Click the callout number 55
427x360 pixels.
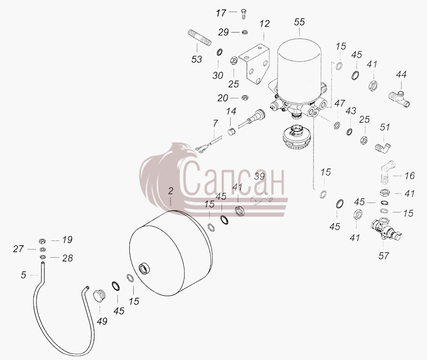pos(299,22)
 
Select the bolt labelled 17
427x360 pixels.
pos(243,14)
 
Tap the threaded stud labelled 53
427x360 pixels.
pos(199,38)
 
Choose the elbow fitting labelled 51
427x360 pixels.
pos(384,147)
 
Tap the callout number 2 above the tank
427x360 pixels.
pos(170,191)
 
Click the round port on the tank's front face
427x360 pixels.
pos(144,269)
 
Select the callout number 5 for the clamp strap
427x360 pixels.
pos(23,275)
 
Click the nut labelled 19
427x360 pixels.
pos(42,241)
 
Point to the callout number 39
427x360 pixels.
pos(259,176)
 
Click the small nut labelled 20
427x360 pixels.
pos(245,97)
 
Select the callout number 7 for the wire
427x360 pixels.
pos(215,123)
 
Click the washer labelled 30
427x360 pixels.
pos(219,52)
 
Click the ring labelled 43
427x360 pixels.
pos(349,132)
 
